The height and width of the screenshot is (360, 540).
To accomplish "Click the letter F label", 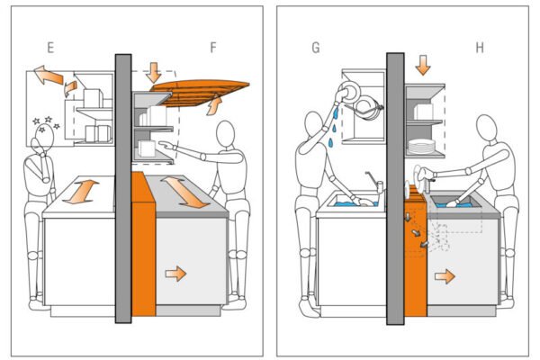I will tap(212, 44).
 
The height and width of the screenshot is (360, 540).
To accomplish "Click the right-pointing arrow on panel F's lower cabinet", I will tap(175, 273).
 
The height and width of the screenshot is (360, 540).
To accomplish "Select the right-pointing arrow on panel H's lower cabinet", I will tap(445, 275).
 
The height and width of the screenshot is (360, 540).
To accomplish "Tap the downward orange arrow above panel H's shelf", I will tap(423, 65).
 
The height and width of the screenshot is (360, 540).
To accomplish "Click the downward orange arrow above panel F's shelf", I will tap(154, 73).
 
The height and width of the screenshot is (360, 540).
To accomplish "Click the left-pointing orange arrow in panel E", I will tap(46, 76).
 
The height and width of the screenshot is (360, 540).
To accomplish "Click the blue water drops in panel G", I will tap(333, 131).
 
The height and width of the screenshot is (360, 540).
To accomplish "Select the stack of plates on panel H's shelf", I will tap(421, 145).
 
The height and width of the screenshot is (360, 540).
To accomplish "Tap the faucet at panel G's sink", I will tap(377, 185).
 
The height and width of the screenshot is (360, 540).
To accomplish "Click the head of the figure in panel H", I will tap(493, 128).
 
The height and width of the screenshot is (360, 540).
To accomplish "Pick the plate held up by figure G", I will tap(347, 93).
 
